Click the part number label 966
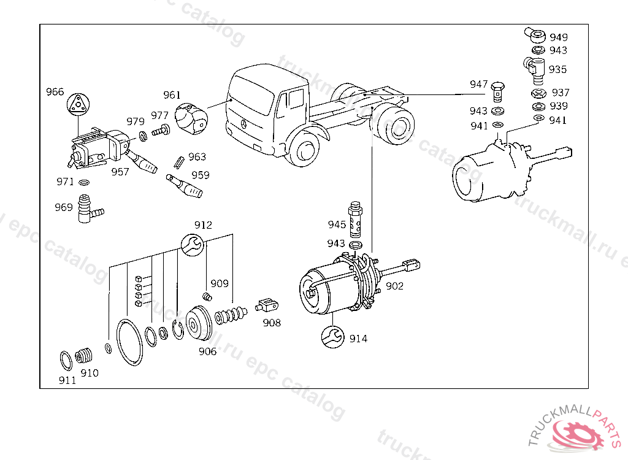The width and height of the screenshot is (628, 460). [x=55, y=92]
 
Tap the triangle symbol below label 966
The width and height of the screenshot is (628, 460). [x=78, y=105]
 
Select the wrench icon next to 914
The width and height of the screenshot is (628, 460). [x=333, y=337]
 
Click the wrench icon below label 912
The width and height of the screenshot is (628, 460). [x=192, y=245]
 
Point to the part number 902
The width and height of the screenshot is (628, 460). [x=394, y=286]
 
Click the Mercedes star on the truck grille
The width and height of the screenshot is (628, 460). [x=243, y=123]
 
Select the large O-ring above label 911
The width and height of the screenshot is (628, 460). [x=66, y=361]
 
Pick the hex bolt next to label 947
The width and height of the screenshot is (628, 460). [x=497, y=92]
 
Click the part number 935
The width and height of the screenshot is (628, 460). [x=557, y=69]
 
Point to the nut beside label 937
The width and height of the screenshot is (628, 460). [x=538, y=93]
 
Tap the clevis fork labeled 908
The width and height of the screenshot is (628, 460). [x=266, y=305]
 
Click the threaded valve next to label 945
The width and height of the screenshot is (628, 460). [x=355, y=219]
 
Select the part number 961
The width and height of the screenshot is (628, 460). [x=172, y=95]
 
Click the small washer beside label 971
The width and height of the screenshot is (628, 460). [x=83, y=182]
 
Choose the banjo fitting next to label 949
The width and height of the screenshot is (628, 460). [x=535, y=35]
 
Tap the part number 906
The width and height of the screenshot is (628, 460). [x=207, y=351]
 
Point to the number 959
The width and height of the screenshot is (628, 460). [x=201, y=175]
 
